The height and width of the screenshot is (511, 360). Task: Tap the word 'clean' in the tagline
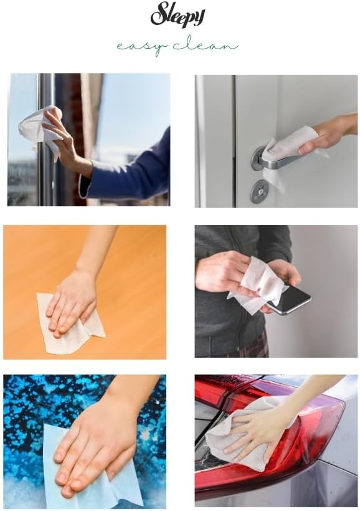tap(206, 45)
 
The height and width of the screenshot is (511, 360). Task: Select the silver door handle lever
tap(277, 160)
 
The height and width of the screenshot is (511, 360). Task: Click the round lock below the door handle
tap(258, 191)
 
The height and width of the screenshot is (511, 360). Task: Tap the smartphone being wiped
tap(287, 299)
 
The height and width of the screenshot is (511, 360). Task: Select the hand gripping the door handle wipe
tap(326, 133)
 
